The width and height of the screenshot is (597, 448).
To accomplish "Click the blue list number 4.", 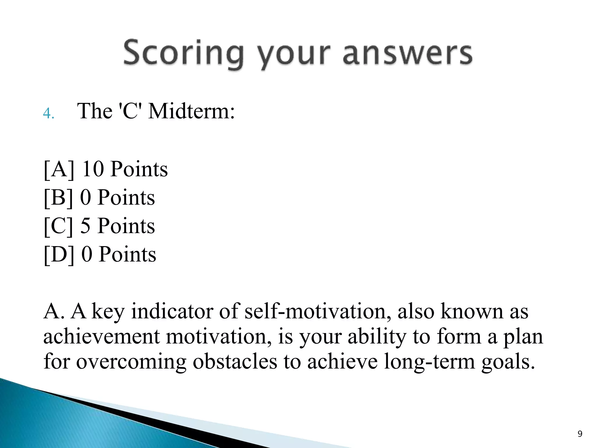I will point(48,113).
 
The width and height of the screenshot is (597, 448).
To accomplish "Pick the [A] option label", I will point(59,169).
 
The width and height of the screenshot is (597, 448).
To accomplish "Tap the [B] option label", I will point(58,198).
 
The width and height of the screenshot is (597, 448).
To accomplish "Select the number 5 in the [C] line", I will point(85,226).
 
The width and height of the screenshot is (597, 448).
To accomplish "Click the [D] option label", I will point(59,254).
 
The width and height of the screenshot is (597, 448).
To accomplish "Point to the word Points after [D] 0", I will point(127,254).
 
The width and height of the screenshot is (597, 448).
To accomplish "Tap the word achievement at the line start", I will point(101,336).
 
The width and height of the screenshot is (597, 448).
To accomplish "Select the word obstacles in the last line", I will point(235,361).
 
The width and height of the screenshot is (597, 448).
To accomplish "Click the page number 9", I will point(580,434).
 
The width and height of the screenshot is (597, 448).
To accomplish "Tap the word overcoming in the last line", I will point(131,362).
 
